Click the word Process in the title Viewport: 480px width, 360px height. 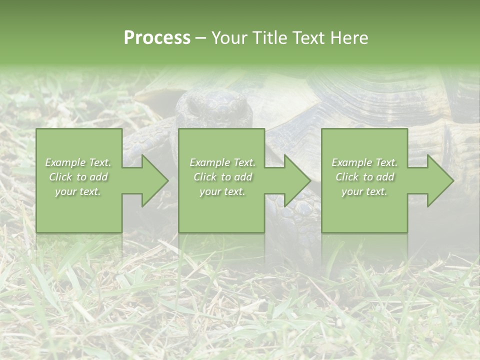(157, 38)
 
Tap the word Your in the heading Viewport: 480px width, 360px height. (228, 38)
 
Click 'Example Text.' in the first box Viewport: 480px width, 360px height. (78, 162)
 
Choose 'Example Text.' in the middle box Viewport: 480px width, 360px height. (222, 162)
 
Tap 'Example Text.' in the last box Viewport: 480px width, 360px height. (364, 162)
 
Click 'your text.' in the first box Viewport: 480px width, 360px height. (78, 191)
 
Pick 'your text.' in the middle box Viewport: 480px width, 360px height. (222, 191)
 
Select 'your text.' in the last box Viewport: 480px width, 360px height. (364, 191)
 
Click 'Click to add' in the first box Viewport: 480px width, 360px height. (78, 177)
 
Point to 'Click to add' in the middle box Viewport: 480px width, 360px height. (222, 177)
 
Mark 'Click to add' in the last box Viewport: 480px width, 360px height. (364, 177)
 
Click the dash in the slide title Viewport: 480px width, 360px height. (200, 38)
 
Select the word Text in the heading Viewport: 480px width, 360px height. (306, 38)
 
